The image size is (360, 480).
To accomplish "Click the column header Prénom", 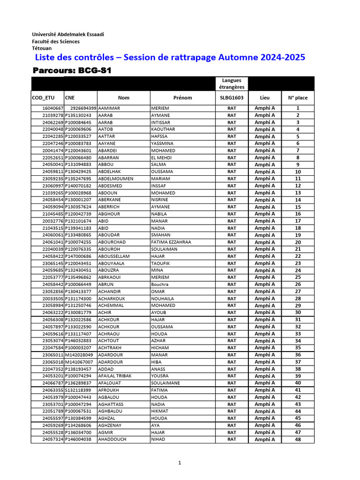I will pos(182,98).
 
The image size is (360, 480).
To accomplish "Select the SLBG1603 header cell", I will pos(232,98).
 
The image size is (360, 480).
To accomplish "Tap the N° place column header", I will pos(298,98).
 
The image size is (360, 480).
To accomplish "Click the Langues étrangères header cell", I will pos(232,84).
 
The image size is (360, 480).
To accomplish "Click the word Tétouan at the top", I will pos(42,48).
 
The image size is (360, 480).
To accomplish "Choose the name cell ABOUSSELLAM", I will pos(114,256).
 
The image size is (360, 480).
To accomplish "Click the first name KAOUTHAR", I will pos(163,129).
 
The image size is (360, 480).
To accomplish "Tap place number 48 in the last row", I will pos(298,440).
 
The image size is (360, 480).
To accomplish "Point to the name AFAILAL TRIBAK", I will pos(115,376).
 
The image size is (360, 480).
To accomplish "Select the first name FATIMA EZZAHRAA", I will pos(171,242).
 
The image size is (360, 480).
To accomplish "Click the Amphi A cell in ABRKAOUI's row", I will pos(265,277).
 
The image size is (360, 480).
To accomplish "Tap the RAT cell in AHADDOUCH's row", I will pos(232,440).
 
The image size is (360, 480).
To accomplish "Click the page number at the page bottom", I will pos(180,463).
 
